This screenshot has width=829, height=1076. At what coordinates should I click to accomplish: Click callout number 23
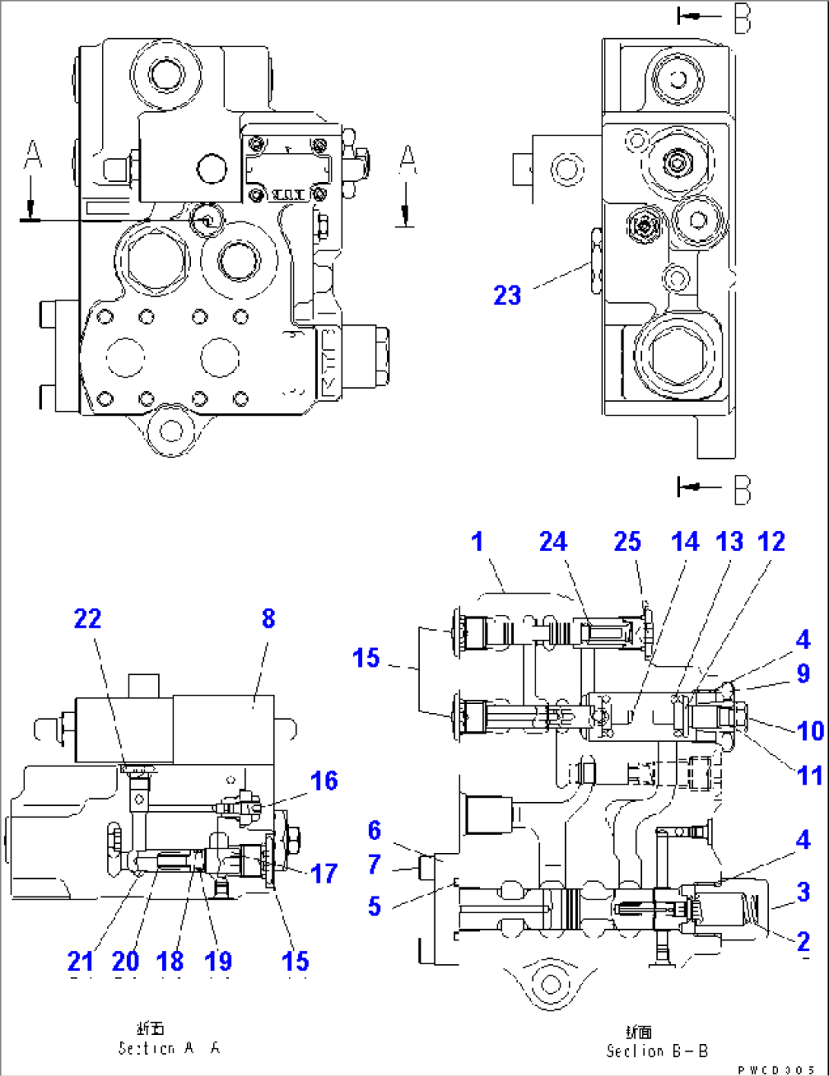(x=507, y=295)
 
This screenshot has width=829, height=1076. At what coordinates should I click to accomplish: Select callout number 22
(x=87, y=619)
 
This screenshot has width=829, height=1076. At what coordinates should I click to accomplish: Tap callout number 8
(x=268, y=619)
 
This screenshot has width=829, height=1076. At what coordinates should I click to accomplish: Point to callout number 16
(x=324, y=781)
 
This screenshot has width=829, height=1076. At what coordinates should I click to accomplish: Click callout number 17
(x=324, y=873)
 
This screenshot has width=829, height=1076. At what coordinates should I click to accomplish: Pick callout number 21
(x=81, y=961)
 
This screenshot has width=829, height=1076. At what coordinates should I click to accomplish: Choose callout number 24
(x=553, y=542)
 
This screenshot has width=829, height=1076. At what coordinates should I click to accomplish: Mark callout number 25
(x=627, y=542)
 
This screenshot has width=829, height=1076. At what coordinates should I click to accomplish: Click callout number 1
(x=477, y=542)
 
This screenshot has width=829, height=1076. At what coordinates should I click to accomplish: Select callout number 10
(x=810, y=731)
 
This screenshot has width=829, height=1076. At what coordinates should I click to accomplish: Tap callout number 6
(x=374, y=830)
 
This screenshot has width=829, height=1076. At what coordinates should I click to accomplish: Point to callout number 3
(x=803, y=892)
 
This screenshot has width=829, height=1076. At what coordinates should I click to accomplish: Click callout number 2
(x=803, y=941)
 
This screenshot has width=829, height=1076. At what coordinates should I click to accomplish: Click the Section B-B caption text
(x=656, y=1050)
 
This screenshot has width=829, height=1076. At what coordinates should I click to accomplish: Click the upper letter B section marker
(x=742, y=18)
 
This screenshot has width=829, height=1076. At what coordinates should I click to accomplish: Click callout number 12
(x=771, y=542)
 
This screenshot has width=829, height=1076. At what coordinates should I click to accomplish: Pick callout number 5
(x=374, y=906)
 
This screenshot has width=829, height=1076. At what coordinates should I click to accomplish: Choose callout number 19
(x=218, y=961)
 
